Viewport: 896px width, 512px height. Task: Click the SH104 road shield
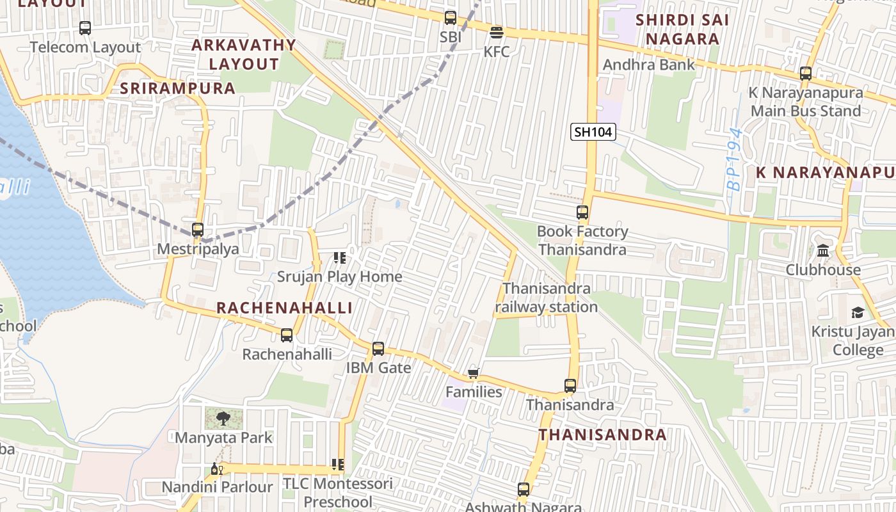593,132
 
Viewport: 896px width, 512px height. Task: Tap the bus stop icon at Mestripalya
198,229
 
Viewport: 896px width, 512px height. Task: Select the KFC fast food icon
497,32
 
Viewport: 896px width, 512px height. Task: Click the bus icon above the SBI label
451,18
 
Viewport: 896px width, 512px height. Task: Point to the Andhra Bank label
648,65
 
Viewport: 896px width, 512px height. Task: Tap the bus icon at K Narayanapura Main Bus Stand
806,74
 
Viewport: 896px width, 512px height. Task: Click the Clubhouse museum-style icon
823,250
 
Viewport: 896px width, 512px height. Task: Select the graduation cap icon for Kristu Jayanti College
857,312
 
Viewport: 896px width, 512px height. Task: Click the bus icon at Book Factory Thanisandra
582,212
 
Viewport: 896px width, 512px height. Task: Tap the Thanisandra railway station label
547,298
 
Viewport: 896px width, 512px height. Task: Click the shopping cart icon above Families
473,373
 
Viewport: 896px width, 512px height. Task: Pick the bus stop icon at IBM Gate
378,349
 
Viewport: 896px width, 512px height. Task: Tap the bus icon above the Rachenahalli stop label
287,335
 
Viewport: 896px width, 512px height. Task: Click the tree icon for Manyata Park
223,419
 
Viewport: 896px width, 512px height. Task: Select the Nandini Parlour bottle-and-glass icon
216,469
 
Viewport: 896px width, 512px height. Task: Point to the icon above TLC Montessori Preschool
337,465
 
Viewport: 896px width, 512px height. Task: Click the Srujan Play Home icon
340,258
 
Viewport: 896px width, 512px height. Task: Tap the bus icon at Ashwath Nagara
524,490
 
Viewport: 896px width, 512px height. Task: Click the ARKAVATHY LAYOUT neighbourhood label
244,54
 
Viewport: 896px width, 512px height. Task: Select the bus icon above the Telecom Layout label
85,28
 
